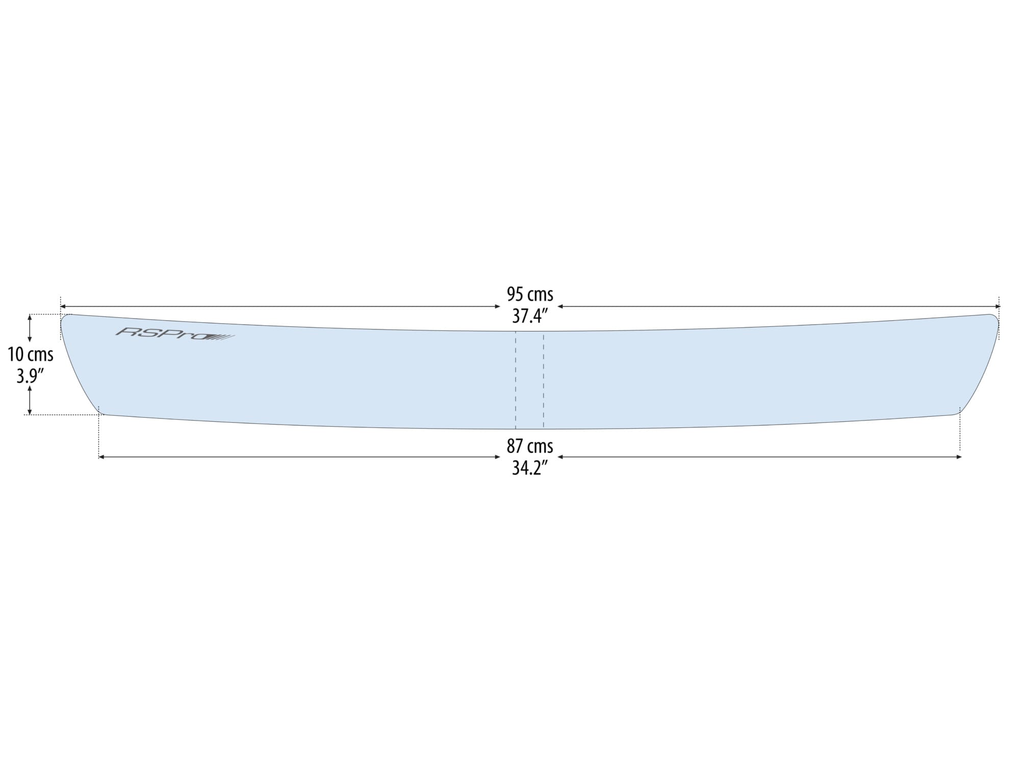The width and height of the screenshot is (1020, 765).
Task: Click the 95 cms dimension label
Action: (x=530, y=294)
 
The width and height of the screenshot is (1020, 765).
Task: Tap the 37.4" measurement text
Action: (x=530, y=317)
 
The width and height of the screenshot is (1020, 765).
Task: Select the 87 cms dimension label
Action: (x=530, y=446)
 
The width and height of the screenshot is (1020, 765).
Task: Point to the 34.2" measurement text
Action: (x=530, y=468)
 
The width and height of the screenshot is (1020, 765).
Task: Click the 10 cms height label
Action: (x=31, y=354)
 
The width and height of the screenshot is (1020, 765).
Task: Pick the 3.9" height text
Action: (x=30, y=376)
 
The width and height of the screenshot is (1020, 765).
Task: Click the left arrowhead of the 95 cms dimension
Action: (x=63, y=307)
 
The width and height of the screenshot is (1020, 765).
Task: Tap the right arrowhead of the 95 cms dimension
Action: (x=998, y=307)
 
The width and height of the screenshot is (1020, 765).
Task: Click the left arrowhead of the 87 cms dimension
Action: (x=101, y=457)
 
